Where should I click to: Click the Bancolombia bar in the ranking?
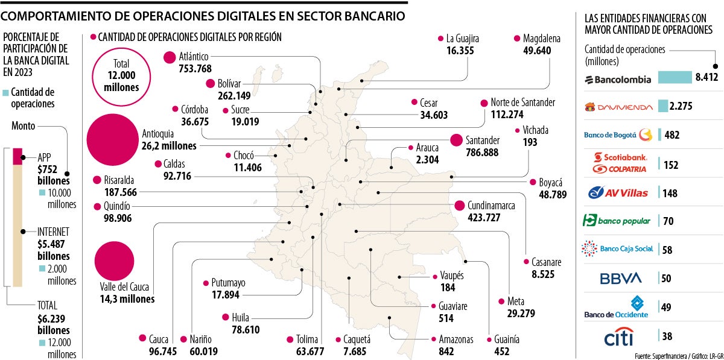point(674,78)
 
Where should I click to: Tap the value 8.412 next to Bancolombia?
point(707,78)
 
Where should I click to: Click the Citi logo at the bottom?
point(619,336)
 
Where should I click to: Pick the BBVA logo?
point(620,279)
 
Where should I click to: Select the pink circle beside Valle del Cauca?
point(114,261)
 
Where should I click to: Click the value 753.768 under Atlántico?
point(195,68)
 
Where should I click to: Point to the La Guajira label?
point(463,39)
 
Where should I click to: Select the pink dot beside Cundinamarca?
point(460,206)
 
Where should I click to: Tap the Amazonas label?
point(456,339)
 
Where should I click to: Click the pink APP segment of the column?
point(17,156)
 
